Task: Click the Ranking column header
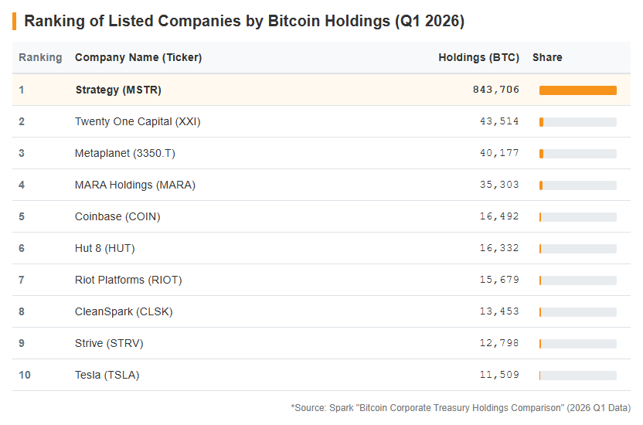[40, 57]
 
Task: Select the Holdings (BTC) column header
[478, 57]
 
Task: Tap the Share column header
[547, 57]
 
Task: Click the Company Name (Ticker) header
[138, 57]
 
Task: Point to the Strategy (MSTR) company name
[118, 90]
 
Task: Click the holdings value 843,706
[496, 90]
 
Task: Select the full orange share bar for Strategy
[578, 90]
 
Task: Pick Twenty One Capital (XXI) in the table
[138, 122]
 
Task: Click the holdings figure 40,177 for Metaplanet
[499, 153]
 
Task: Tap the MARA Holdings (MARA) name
[135, 185]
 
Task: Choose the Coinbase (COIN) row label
[117, 216]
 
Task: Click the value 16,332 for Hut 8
[499, 248]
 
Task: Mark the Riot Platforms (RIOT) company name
[128, 280]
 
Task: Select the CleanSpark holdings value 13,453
[499, 311]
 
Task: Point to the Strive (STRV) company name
[109, 343]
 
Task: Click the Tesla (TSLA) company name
[107, 375]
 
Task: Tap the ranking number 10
[25, 375]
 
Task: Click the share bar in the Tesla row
[578, 376]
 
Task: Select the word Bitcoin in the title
[294, 21]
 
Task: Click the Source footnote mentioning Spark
[461, 408]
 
